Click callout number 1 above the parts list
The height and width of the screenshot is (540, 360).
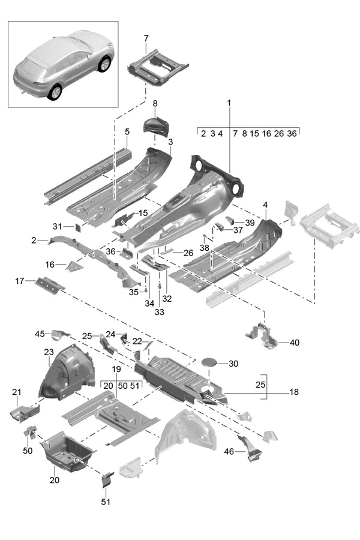(229, 103)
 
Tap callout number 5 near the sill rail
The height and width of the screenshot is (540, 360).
(127, 132)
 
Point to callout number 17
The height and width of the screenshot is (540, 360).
(20, 280)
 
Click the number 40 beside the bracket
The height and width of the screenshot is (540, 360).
(294, 343)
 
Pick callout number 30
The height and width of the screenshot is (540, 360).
(233, 363)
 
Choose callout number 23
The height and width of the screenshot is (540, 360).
(48, 352)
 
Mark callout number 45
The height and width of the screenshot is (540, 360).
(40, 334)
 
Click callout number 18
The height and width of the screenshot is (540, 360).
(294, 392)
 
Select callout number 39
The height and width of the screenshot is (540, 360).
(249, 222)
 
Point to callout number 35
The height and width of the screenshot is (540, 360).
(134, 292)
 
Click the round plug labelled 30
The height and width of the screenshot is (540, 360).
(209, 363)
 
